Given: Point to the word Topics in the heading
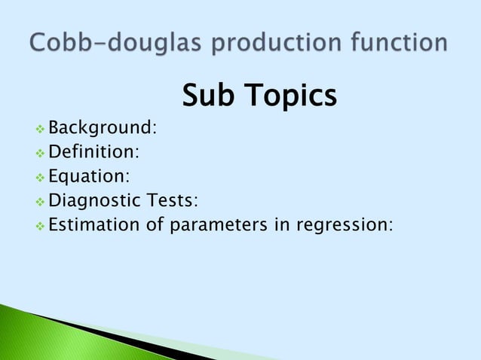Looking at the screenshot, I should point(290,96).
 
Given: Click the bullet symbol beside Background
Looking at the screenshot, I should point(41,128).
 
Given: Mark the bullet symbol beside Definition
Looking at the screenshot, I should point(41,152).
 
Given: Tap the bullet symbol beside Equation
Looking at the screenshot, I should point(41,176).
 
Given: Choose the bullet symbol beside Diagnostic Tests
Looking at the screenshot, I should point(41,200).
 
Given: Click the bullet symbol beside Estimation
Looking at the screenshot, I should point(41,224).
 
